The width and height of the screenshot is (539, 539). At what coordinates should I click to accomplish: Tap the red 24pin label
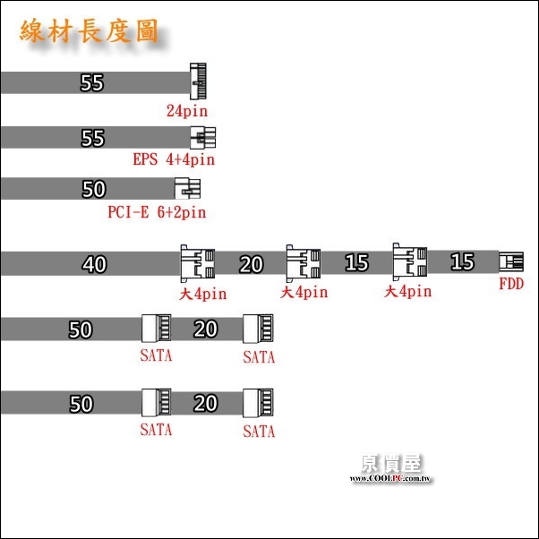(x=186, y=112)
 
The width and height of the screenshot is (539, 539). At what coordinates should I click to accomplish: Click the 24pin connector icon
(x=198, y=81)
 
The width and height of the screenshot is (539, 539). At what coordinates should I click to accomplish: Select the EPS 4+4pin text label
(x=174, y=160)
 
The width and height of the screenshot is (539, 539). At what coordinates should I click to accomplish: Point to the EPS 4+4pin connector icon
(x=203, y=138)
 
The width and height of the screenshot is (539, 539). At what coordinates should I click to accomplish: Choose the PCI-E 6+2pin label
(x=157, y=212)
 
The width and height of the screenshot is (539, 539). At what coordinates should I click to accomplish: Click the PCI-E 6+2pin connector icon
(x=188, y=188)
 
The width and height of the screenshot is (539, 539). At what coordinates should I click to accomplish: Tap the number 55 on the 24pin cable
(x=92, y=83)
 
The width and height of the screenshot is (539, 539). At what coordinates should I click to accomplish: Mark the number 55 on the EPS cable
(x=92, y=139)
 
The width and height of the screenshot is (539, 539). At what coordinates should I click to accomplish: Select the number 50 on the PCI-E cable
(x=93, y=190)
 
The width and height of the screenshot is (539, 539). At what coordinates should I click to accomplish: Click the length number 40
(x=94, y=264)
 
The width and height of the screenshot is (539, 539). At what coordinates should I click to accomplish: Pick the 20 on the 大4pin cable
(x=252, y=264)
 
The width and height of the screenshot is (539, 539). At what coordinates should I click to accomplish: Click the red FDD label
(x=511, y=285)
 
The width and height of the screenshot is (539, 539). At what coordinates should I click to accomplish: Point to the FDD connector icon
(x=511, y=262)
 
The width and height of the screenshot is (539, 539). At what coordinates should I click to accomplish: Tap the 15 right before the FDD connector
(x=462, y=262)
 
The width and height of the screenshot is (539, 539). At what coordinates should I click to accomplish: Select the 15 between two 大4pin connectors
(x=356, y=263)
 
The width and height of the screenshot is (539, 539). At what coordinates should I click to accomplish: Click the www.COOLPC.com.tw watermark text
(x=391, y=480)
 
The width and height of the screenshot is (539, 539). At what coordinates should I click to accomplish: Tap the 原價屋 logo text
(x=391, y=463)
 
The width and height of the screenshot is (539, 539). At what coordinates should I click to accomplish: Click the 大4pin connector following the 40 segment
(x=198, y=263)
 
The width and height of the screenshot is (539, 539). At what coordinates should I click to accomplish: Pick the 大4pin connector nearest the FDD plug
(x=409, y=261)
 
